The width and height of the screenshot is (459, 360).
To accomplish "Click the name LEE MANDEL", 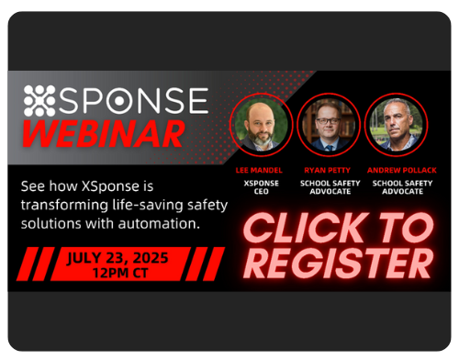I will click(x=261, y=170).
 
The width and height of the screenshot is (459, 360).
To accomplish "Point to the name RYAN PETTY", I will click(x=327, y=170).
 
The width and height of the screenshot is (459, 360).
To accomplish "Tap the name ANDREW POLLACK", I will click(x=397, y=170).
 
